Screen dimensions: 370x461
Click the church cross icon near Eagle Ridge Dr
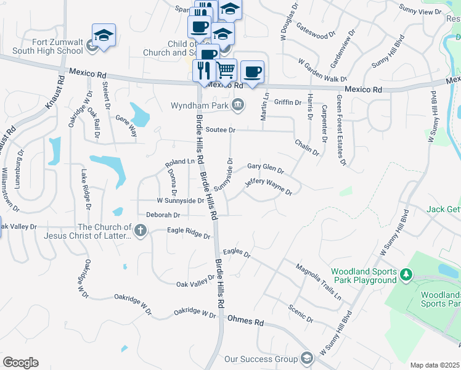point(141,231)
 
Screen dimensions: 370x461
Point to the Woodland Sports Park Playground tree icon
point(406,274)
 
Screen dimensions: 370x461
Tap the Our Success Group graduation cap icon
point(307,359)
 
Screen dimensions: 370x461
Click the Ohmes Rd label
point(245,321)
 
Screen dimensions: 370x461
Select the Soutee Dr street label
point(221,130)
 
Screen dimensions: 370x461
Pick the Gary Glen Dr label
point(265,168)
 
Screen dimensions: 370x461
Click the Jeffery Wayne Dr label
point(267,186)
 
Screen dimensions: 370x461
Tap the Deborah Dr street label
point(163,215)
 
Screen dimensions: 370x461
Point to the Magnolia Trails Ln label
point(318,279)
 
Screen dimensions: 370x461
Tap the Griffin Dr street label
point(288,102)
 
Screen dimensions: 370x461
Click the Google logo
point(20,363)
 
